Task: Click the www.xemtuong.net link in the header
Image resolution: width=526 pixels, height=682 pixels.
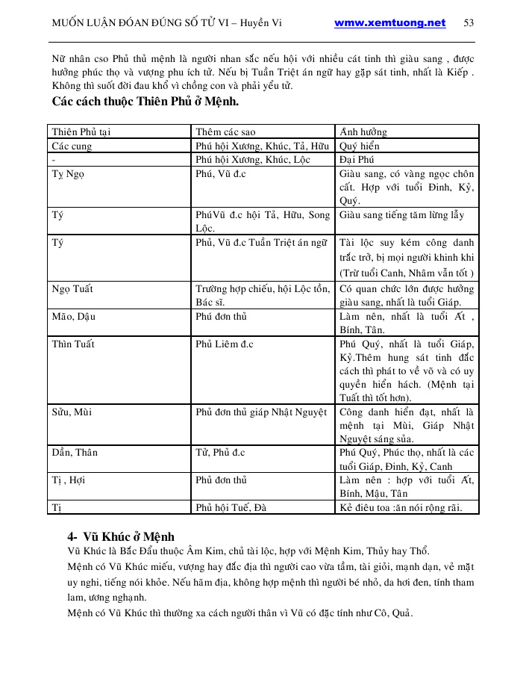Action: [389, 23]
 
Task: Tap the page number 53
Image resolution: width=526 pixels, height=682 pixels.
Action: [469, 23]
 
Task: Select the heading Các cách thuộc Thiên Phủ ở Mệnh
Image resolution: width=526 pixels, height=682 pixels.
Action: [145, 101]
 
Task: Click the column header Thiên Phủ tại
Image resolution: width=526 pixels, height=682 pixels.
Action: [81, 132]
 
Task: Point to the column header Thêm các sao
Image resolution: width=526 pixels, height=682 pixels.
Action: [225, 132]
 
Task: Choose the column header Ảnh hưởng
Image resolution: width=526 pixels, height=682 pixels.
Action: [363, 132]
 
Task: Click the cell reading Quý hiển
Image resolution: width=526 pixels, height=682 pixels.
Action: [360, 146]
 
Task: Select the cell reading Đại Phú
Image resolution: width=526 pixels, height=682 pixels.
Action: [357, 160]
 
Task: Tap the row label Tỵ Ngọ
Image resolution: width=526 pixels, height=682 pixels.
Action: [68, 174]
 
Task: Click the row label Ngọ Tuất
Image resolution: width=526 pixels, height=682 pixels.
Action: [72, 289]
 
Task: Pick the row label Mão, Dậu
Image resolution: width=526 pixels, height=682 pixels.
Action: [74, 317]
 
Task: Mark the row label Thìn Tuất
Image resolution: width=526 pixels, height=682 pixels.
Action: [73, 344]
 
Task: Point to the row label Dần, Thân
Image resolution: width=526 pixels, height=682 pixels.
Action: [75, 453]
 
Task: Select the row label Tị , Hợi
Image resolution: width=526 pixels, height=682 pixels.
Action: [69, 480]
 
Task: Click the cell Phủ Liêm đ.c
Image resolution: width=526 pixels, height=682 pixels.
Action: [225, 344]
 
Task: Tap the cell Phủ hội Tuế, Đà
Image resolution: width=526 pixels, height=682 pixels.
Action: [231, 508]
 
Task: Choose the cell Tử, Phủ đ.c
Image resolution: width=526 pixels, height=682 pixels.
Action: [220, 453]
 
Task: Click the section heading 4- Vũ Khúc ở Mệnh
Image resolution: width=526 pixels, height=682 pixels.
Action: [121, 536]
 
